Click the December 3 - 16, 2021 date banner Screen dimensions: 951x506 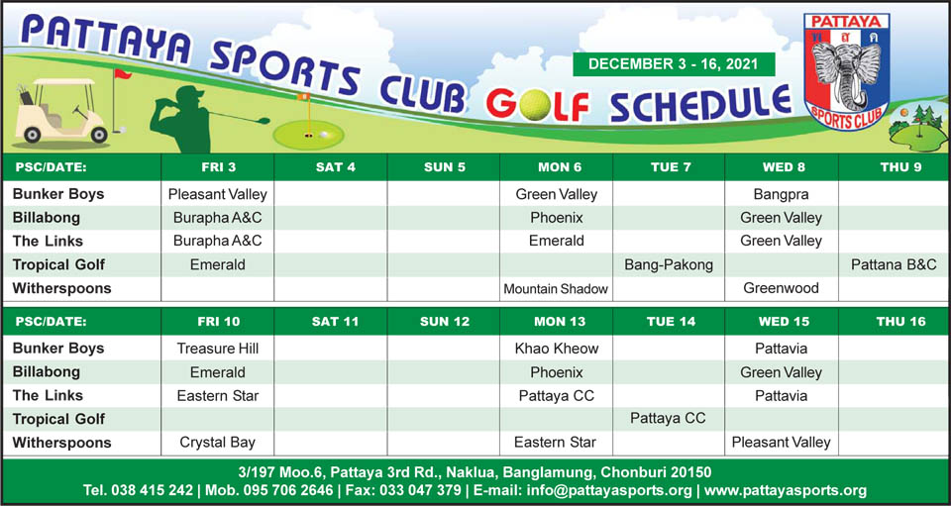point(674,64)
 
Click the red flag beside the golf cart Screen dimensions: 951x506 point(123,74)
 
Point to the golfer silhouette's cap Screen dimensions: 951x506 point(188,93)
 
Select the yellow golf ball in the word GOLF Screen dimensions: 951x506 point(534,105)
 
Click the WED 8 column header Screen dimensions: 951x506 point(782,167)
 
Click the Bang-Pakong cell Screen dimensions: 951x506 point(669,264)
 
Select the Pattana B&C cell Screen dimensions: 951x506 point(894,264)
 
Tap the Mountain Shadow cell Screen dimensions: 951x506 point(556,289)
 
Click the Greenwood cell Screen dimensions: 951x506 point(782,288)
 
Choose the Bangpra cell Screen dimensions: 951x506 point(782,194)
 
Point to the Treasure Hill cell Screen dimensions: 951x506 point(218,349)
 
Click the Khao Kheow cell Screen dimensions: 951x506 point(556,349)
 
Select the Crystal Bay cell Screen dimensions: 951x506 point(218,443)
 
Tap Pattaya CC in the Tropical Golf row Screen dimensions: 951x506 point(669,419)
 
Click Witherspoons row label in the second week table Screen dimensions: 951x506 point(61,443)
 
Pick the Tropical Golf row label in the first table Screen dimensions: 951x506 point(58,264)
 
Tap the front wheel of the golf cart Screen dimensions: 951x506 point(99,134)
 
